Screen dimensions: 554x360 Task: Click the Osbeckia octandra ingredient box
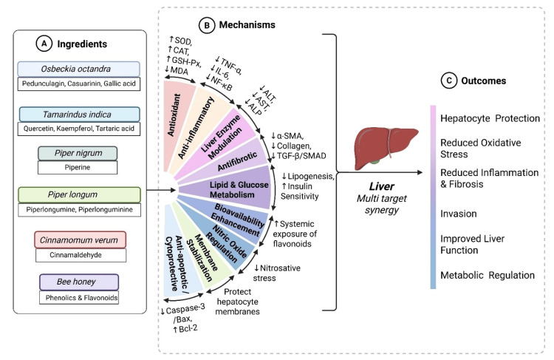(x=78, y=69)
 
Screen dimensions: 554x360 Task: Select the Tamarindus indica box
(x=79, y=115)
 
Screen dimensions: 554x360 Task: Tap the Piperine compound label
(x=78, y=167)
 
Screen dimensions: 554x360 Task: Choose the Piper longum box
(x=79, y=195)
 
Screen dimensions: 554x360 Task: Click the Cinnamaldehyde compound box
(x=81, y=255)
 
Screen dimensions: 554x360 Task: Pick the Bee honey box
(x=79, y=282)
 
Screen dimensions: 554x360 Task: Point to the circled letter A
(x=44, y=44)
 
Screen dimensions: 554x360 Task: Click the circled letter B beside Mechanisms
(x=207, y=25)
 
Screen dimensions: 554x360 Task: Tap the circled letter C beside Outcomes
(x=448, y=81)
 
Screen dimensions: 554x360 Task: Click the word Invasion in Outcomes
(x=458, y=214)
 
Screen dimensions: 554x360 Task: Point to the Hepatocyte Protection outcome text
(x=490, y=118)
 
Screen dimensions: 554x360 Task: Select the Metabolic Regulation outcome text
(x=488, y=275)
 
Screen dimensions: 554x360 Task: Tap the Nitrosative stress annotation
(x=277, y=273)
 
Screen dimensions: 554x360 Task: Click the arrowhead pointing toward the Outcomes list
(x=420, y=172)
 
